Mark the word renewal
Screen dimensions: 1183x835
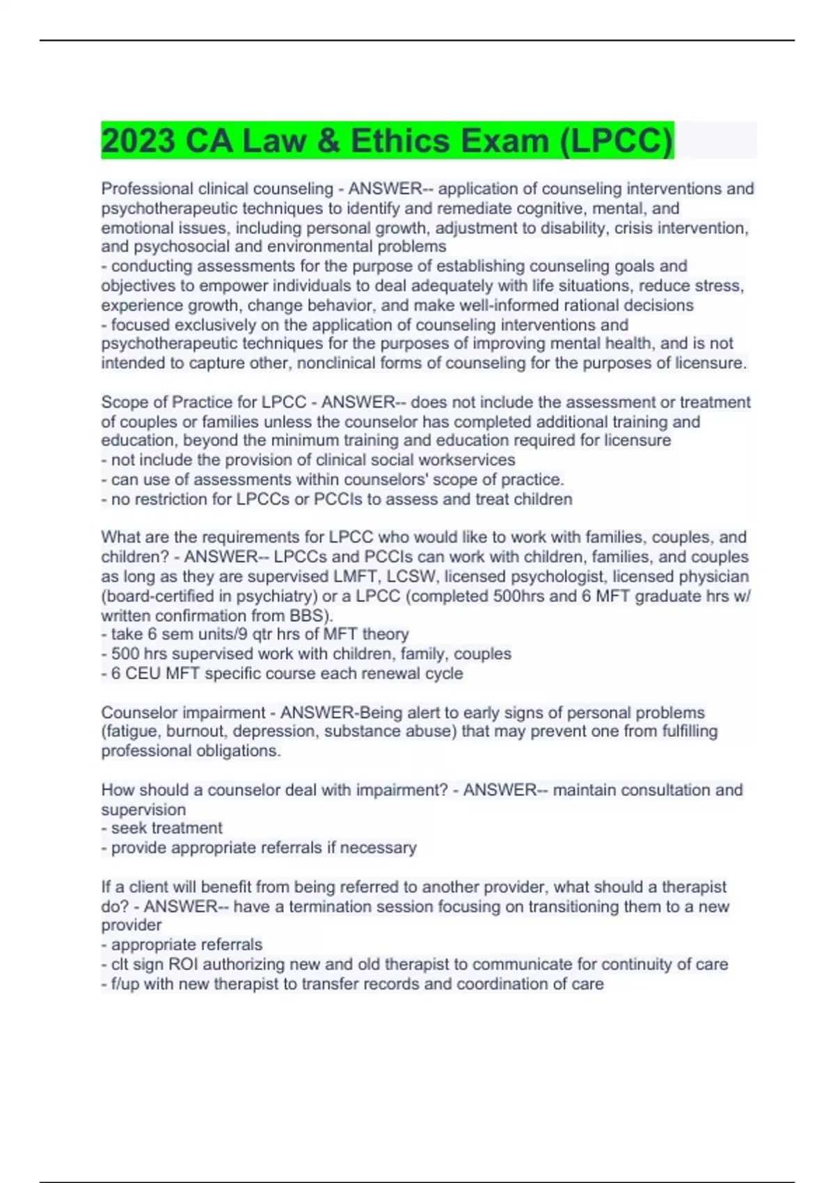pyautogui.click(x=381, y=673)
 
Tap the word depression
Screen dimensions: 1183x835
pyautogui.click(x=275, y=731)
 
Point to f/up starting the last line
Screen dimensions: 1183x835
pyautogui.click(x=120, y=983)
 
